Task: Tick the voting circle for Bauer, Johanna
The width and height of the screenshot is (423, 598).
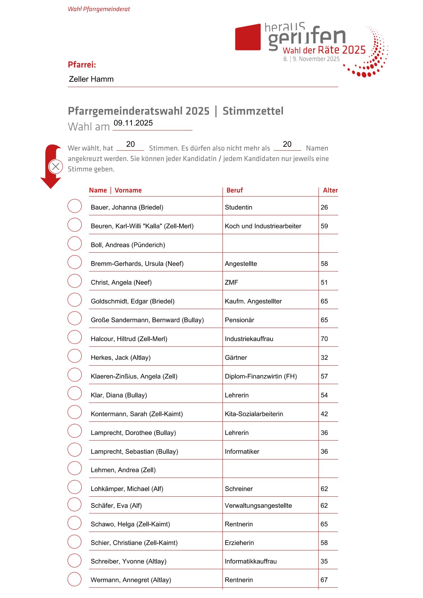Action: (75, 206)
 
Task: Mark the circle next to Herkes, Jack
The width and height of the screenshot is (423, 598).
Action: (75, 356)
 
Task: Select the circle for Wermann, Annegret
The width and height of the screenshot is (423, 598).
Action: (75, 579)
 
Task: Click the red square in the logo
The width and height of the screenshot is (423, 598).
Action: (248, 37)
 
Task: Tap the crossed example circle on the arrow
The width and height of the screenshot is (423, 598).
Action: (56, 166)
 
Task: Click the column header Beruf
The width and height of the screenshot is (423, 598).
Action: (235, 190)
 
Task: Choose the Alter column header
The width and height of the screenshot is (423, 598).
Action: (330, 190)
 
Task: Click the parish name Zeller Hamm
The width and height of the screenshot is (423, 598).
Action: (91, 79)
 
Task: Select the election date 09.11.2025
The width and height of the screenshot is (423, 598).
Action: (133, 123)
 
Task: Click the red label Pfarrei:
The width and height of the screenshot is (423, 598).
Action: (82, 65)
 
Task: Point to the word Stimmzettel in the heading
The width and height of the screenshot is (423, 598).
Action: (253, 111)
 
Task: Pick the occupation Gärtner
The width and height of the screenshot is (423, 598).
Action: (236, 357)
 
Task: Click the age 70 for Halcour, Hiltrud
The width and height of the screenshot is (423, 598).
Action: (324, 339)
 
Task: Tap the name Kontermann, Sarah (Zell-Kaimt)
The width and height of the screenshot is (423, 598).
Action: (137, 414)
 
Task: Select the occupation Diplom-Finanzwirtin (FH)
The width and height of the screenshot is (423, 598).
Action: (261, 376)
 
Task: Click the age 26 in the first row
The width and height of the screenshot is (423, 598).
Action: (324, 207)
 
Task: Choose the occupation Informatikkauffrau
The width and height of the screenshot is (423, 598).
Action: (251, 561)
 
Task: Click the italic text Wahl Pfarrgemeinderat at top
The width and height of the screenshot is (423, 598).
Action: (99, 9)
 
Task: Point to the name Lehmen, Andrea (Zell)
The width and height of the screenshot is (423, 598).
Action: (123, 470)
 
